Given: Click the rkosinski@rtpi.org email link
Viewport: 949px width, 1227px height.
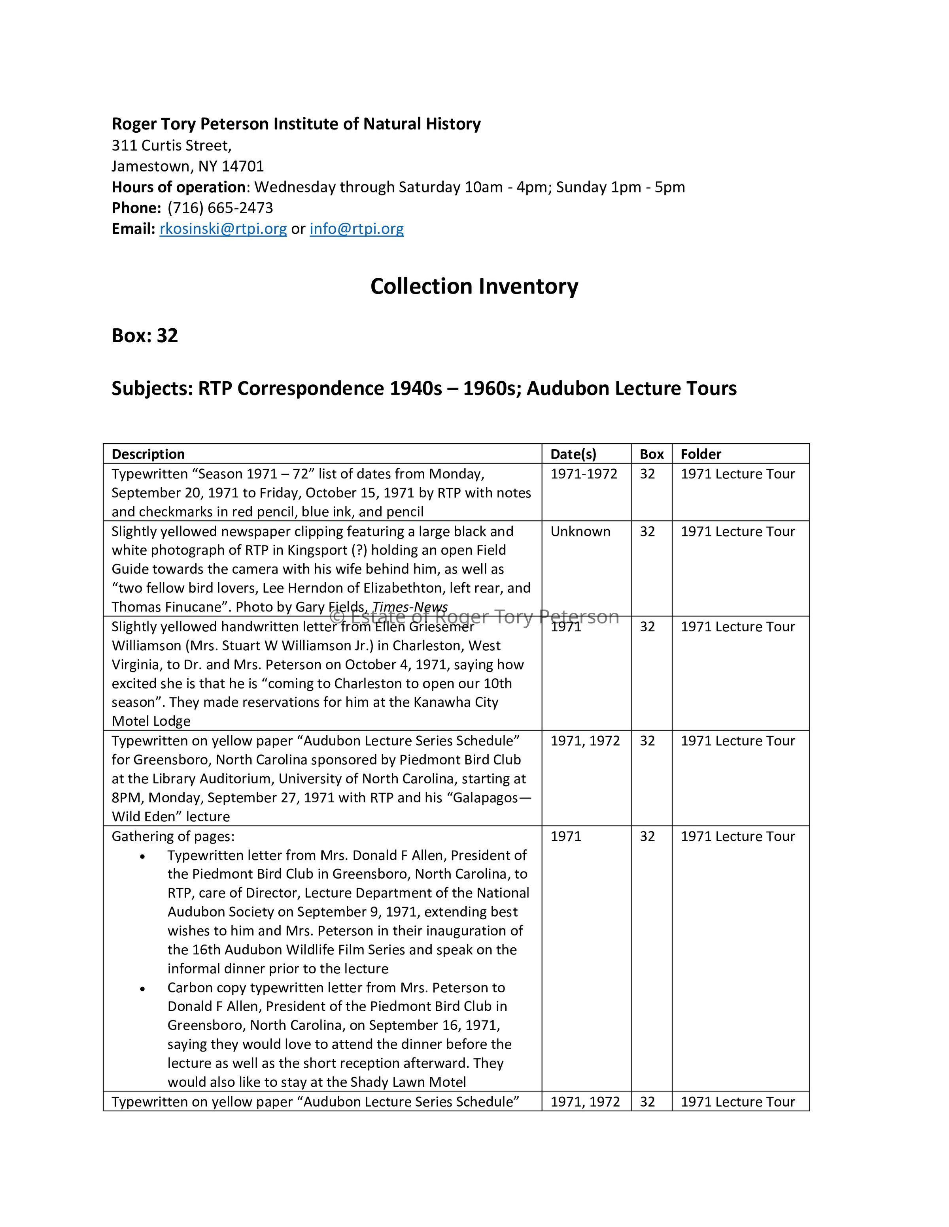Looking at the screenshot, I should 223,229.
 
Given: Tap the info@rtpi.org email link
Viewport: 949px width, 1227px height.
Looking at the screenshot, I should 356,229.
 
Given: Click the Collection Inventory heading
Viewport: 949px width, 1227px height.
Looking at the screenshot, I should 474,286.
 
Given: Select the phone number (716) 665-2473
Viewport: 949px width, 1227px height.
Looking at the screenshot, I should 220,208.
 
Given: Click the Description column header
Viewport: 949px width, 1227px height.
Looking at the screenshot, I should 148,454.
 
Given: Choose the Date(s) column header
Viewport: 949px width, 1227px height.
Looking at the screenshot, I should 573,454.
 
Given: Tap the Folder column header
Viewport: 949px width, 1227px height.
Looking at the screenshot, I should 701,454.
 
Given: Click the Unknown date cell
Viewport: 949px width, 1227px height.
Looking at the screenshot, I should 580,531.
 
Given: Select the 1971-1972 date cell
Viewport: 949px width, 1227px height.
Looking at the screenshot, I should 584,474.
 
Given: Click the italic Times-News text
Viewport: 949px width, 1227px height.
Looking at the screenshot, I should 410,607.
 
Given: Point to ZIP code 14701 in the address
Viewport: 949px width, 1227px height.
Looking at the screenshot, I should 242,166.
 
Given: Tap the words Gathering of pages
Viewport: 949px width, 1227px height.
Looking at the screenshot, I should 172,837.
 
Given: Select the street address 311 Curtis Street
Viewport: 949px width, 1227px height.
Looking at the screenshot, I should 171,145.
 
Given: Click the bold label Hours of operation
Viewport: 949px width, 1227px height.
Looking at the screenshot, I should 178,187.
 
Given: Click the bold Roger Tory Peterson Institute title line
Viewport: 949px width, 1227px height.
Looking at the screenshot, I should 296,124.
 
